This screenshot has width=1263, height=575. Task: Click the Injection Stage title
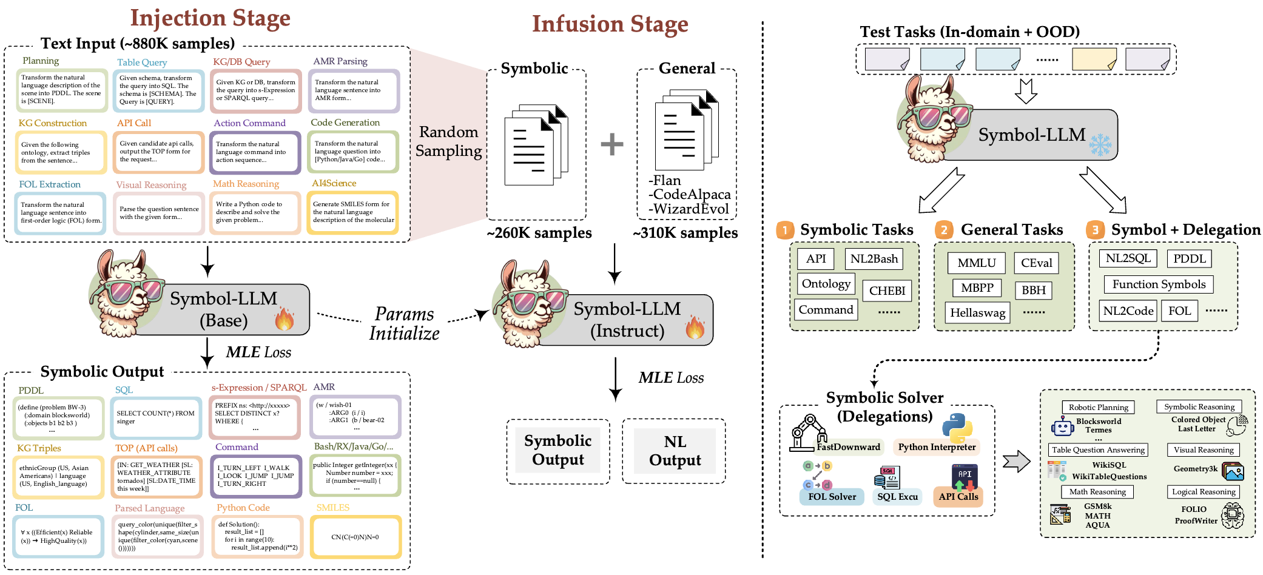point(210,18)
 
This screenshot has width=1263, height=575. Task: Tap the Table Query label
point(142,62)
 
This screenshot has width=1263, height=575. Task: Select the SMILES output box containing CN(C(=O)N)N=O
point(355,537)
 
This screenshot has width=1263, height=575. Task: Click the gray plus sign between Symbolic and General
point(611,144)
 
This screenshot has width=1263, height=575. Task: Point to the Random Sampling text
point(448,141)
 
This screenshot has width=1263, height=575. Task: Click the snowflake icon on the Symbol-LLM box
point(1100,145)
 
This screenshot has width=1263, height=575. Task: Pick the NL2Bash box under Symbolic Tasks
point(874,259)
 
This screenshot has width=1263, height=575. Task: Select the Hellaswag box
point(977,313)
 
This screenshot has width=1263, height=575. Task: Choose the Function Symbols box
point(1159,284)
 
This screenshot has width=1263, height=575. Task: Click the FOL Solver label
point(832,497)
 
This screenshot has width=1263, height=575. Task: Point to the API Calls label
point(958,497)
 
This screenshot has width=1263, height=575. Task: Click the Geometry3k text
point(1195,469)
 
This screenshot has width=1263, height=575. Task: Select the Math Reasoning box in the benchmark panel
point(1097,492)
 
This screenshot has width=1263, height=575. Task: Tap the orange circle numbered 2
point(943,230)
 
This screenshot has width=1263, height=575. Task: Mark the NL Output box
point(675,451)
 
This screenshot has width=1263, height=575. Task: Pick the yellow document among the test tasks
point(1094,59)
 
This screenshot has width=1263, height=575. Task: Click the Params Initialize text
point(404,324)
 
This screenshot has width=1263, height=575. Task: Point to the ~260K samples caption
point(539,233)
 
